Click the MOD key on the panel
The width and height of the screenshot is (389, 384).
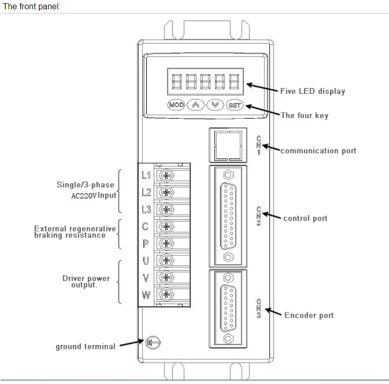[176, 105]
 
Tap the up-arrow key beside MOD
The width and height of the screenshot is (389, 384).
[196, 105]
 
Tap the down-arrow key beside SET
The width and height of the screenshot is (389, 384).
[215, 105]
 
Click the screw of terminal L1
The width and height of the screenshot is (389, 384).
[166, 175]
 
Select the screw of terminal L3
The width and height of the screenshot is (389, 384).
[166, 209]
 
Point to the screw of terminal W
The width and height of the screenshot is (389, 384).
[166, 295]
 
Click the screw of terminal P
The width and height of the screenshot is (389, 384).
[166, 243]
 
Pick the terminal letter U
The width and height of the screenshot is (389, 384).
[146, 260]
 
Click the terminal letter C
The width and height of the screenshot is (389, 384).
[146, 226]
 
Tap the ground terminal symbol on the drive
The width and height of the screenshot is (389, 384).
[152, 342]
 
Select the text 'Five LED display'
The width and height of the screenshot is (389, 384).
[312, 91]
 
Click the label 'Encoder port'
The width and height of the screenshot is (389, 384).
[309, 315]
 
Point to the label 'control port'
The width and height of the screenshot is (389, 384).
[305, 218]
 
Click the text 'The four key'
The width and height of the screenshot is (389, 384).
[304, 115]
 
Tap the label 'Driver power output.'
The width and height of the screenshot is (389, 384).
[86, 281]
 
